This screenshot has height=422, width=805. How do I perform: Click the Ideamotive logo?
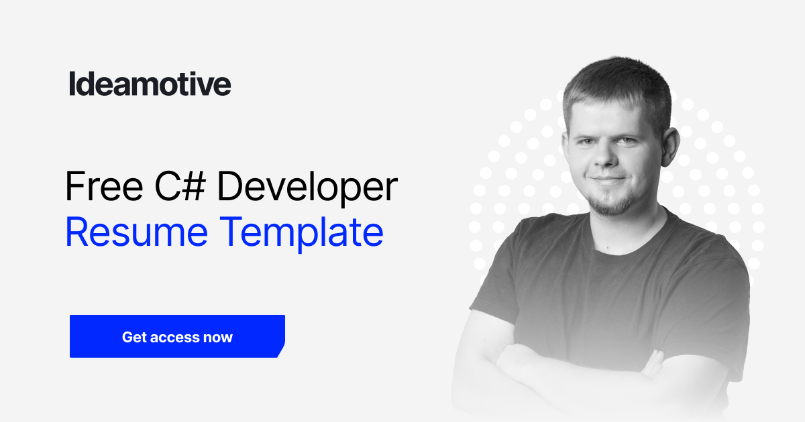pyautogui.click(x=150, y=84)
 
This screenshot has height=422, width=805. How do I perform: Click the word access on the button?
pyautogui.click(x=176, y=337)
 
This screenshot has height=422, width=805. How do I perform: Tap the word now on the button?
pyautogui.click(x=218, y=337)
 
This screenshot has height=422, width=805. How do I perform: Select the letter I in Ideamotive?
pyautogui.click(x=72, y=84)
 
